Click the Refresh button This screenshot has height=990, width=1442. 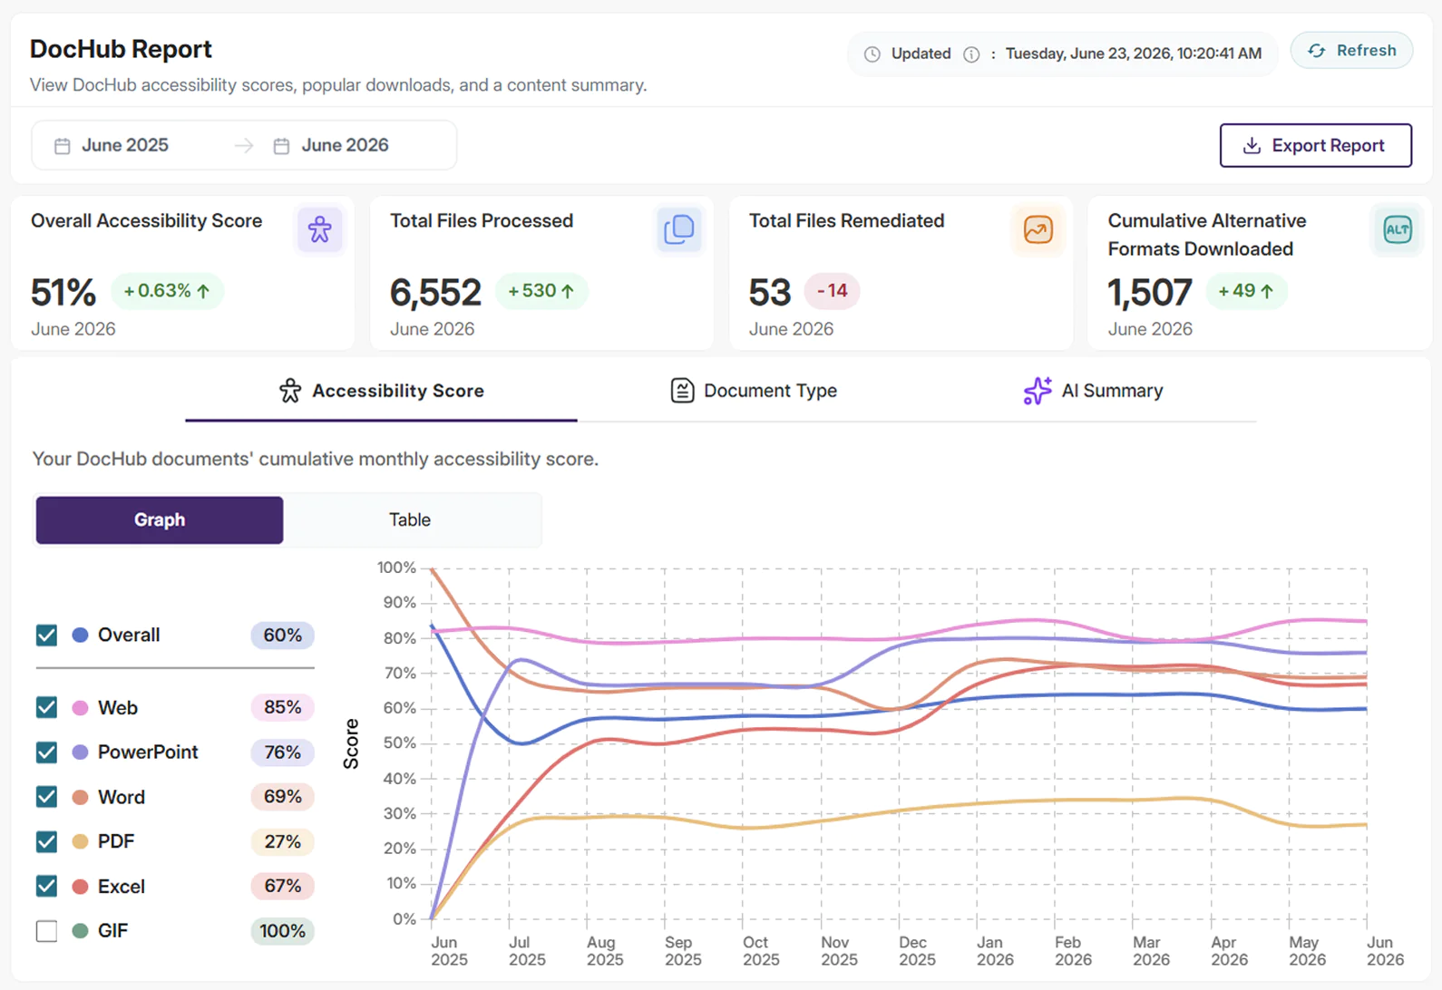(1351, 51)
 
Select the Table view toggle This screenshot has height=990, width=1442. (410, 519)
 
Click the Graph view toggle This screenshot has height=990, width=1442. (160, 519)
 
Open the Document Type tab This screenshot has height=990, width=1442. (753, 391)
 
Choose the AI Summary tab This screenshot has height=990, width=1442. (1093, 391)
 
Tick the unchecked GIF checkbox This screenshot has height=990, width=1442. (46, 931)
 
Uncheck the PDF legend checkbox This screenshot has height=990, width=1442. (46, 841)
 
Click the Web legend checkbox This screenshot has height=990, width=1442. (46, 707)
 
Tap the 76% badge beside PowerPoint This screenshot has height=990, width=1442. (283, 752)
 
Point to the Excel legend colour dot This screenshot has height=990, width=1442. (80, 887)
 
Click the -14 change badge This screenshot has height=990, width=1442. (832, 291)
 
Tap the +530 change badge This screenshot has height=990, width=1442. (541, 291)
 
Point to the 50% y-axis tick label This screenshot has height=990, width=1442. (400, 742)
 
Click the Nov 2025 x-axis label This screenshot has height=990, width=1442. (840, 951)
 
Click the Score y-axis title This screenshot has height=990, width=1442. (351, 744)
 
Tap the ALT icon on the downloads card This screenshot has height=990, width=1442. (1397, 229)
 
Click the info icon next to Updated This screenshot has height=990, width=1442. (971, 54)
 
